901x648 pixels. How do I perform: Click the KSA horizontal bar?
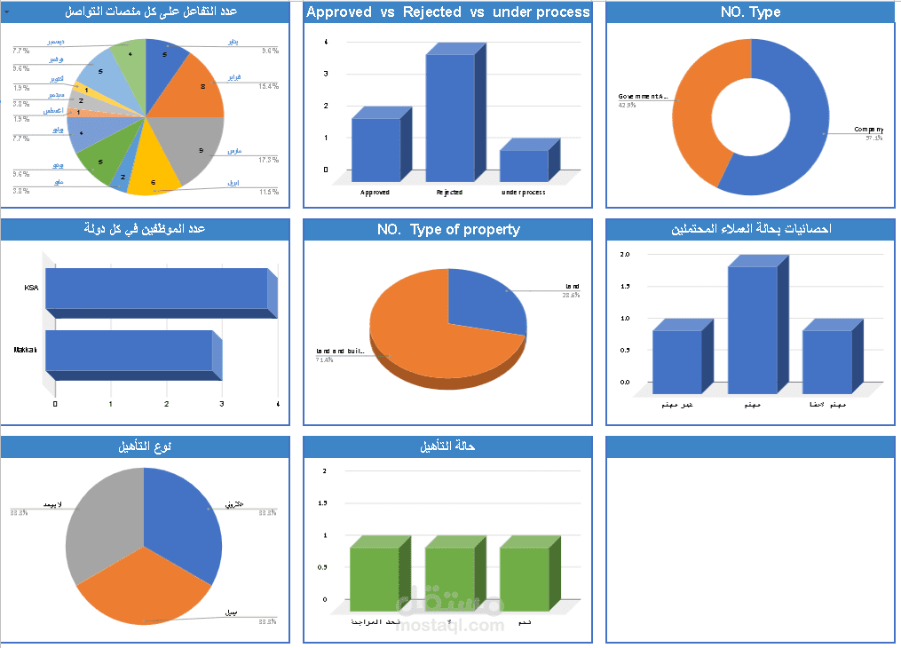[x=156, y=288]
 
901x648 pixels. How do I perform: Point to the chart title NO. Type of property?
[x=448, y=230]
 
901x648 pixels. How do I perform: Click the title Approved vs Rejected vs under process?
[x=447, y=12]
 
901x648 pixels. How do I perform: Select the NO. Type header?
[x=751, y=12]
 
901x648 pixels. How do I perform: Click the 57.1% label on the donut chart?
[x=875, y=138]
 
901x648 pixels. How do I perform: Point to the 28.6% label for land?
[x=571, y=296]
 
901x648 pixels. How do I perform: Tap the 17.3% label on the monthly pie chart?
[x=269, y=160]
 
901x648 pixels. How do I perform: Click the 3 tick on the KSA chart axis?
[x=221, y=405]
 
